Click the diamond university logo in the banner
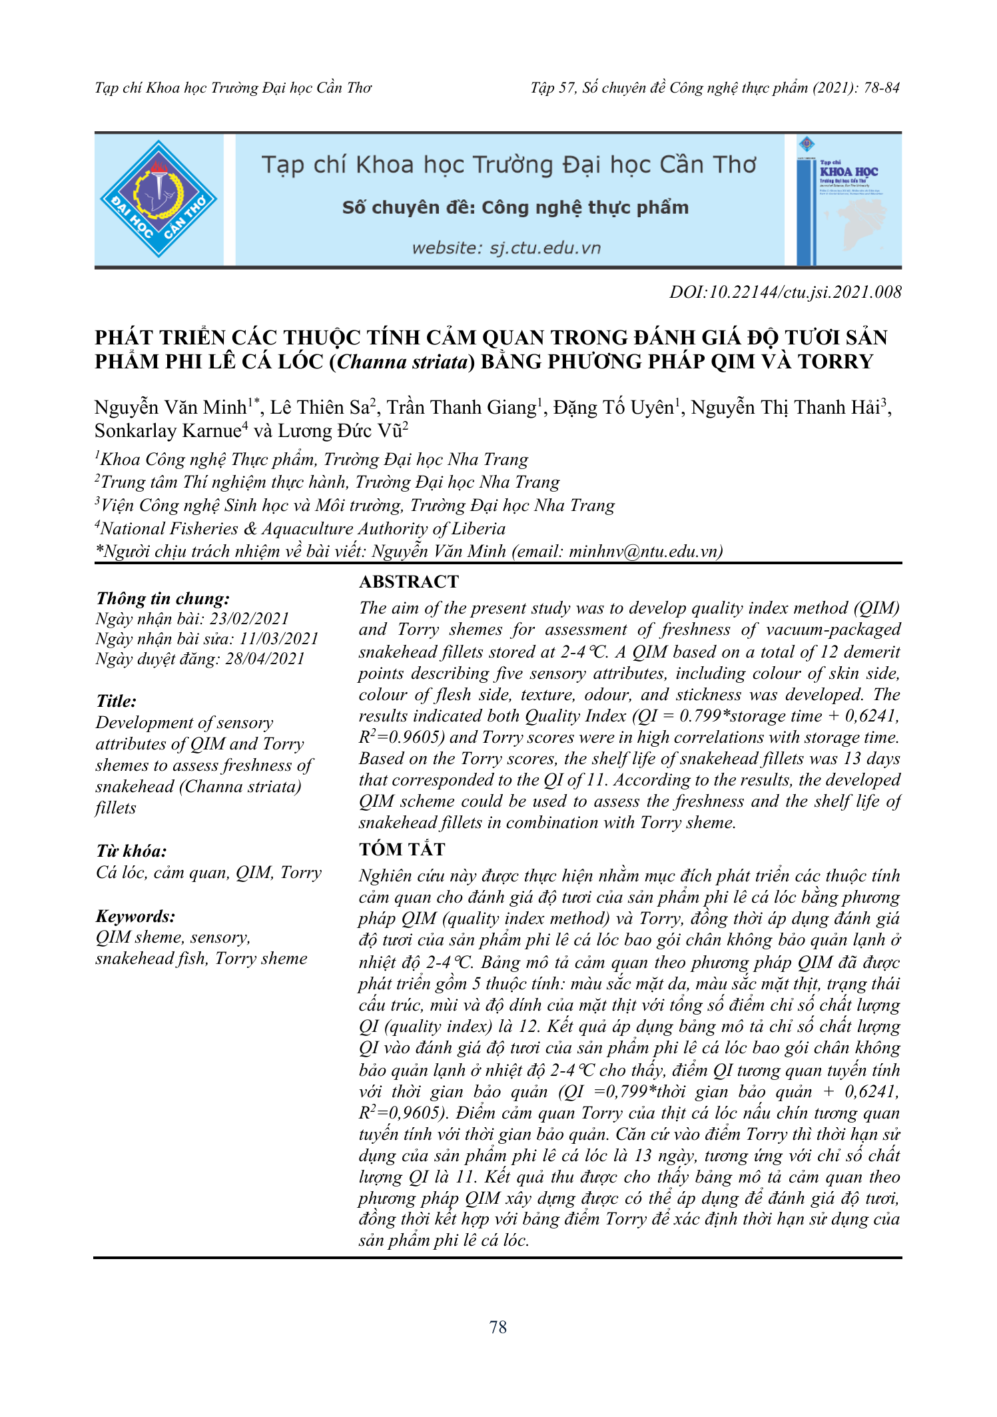tap(159, 199)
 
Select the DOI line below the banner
tap(785, 292)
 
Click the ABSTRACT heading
tap(409, 582)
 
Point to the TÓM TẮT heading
tap(402, 849)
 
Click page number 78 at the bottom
tap(498, 1327)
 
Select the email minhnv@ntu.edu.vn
tap(643, 552)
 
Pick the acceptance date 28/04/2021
tap(265, 659)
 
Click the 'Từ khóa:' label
tap(131, 851)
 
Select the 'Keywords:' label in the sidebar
tap(135, 916)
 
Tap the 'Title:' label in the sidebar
tap(117, 701)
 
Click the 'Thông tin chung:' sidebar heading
tap(163, 598)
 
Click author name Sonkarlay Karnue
tap(167, 431)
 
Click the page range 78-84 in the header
tap(881, 88)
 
